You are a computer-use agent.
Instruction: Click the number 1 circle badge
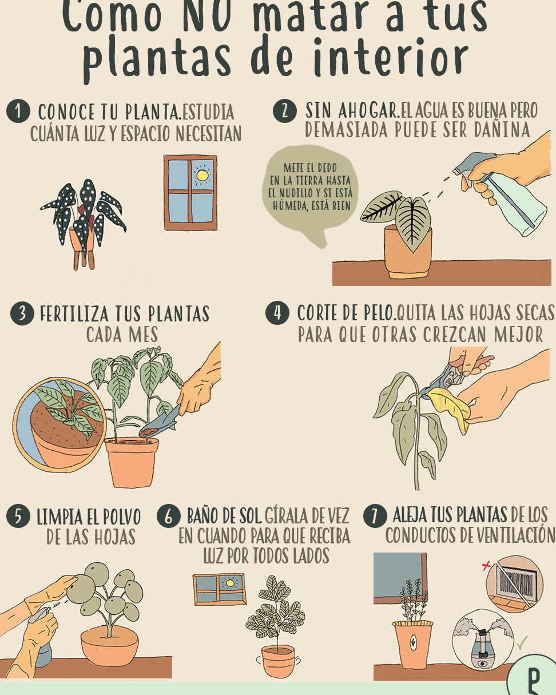tap(18, 111)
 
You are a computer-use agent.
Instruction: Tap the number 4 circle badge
tap(277, 313)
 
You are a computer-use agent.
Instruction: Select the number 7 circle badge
tap(375, 516)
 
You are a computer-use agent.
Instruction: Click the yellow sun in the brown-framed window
tap(202, 176)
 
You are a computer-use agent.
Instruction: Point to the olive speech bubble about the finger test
tap(310, 194)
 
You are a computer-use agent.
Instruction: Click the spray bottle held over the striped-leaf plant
tap(504, 194)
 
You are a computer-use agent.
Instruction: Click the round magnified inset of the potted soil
tap(59, 424)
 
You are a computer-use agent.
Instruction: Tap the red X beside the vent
tap(486, 575)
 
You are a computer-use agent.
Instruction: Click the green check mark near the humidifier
tap(522, 643)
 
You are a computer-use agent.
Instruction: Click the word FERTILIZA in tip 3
tap(74, 314)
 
